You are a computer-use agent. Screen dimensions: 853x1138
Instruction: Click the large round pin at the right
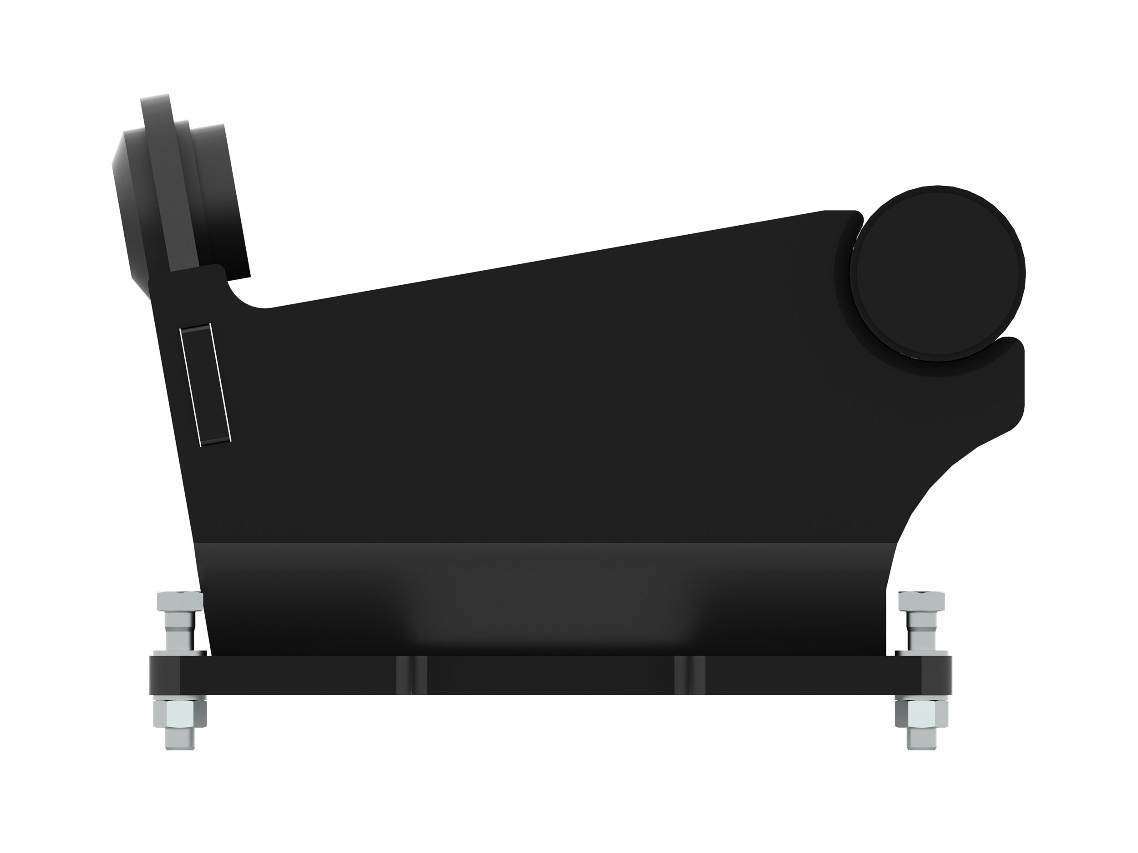tap(937, 273)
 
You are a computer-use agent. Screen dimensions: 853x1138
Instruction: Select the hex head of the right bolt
tap(921, 601)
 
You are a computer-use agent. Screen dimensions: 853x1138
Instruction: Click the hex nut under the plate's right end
tap(921, 712)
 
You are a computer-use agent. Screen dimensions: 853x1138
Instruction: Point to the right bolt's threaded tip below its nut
tap(921, 738)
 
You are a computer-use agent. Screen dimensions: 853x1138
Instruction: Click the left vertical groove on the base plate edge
tap(412, 675)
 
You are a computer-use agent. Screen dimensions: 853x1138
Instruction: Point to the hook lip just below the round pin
tap(1008, 355)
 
